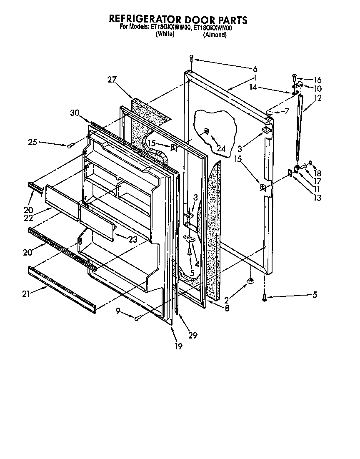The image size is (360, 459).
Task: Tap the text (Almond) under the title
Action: [215, 35]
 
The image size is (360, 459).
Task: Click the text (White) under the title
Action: [165, 35]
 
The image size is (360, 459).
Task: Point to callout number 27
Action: [111, 80]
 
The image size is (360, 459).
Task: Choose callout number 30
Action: [75, 113]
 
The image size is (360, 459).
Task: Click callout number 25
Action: [33, 142]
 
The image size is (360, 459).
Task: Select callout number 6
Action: [255, 69]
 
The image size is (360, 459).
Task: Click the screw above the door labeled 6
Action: [191, 58]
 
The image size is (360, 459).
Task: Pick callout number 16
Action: [317, 80]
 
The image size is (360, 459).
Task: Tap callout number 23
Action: [133, 239]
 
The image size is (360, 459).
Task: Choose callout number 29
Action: [192, 335]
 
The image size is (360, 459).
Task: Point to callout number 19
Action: [178, 346]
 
